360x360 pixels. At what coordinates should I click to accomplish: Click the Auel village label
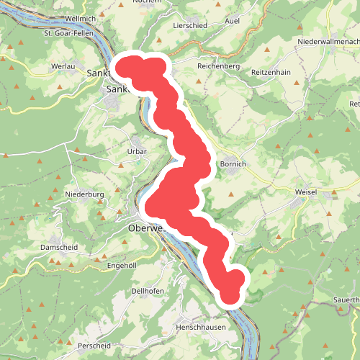(233, 22)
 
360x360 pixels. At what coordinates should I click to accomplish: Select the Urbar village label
(137, 152)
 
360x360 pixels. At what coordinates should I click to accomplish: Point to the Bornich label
(233, 164)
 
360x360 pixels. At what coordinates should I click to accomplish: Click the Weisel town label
(306, 193)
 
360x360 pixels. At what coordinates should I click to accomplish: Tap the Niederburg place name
(85, 194)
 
